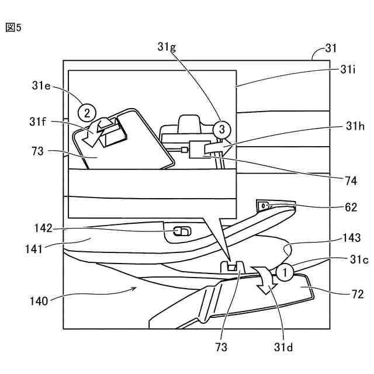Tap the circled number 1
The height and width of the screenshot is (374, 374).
(x=285, y=272)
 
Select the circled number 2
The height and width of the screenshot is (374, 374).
(x=87, y=112)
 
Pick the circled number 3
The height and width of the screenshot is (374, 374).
(x=220, y=128)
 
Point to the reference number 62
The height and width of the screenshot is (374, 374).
(x=349, y=207)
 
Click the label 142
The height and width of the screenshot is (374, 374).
(x=44, y=228)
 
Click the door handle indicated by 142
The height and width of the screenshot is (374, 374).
(x=181, y=233)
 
